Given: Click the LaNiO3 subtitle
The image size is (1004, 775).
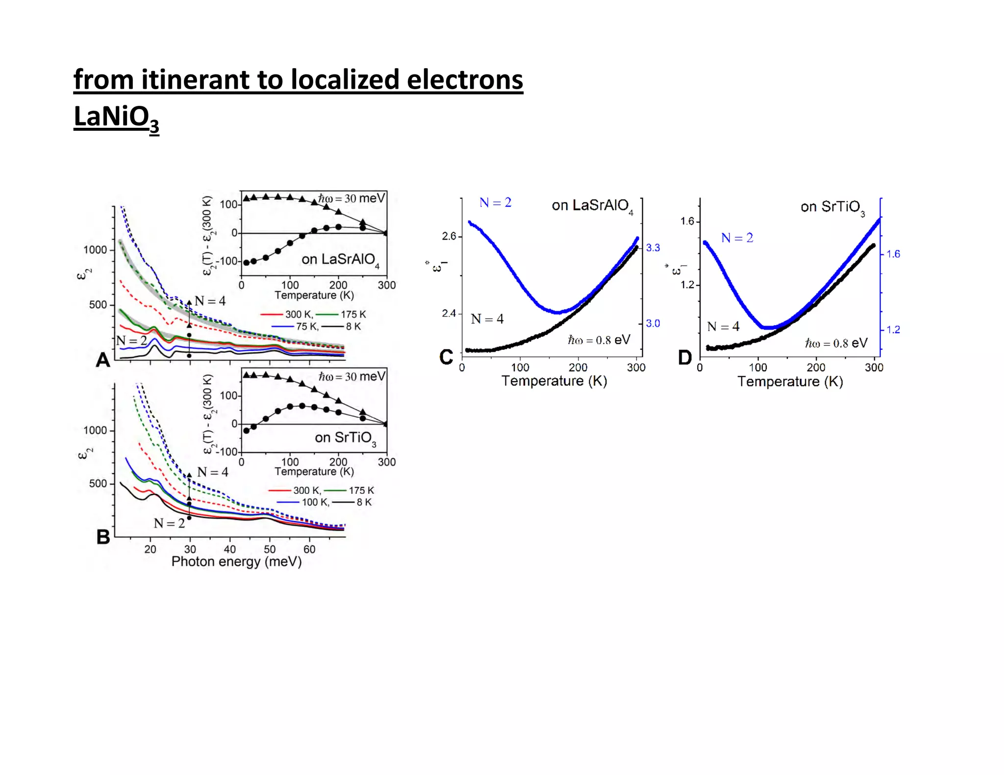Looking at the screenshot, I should [x=116, y=118].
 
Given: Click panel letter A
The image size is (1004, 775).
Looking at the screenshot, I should [x=103, y=360].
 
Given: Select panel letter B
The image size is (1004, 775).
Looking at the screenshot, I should [x=103, y=537].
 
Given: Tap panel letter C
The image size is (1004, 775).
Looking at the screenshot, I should [x=446, y=357].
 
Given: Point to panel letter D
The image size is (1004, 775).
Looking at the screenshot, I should [x=684, y=358].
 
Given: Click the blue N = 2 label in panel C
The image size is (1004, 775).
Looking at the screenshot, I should [x=495, y=203].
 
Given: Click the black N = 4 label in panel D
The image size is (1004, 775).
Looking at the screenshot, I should [x=723, y=327].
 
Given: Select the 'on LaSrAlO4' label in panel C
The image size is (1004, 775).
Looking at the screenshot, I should [x=592, y=206].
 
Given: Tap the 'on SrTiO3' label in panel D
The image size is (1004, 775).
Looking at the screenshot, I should [x=832, y=207].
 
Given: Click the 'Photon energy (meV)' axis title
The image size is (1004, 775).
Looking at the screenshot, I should [x=236, y=561].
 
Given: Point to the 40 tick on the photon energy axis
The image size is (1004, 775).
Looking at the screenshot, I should [x=229, y=549].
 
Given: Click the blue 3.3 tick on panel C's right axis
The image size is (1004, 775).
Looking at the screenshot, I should [x=653, y=248].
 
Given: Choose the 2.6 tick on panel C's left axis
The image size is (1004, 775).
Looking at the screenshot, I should [x=449, y=237].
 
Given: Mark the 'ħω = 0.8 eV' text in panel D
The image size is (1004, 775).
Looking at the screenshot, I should [x=836, y=343].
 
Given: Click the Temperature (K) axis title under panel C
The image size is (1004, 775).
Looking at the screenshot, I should [x=554, y=381].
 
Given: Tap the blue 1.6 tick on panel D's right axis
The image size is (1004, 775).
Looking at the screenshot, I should [x=893, y=254].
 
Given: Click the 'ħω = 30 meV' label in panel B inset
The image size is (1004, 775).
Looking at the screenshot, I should [x=351, y=376].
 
